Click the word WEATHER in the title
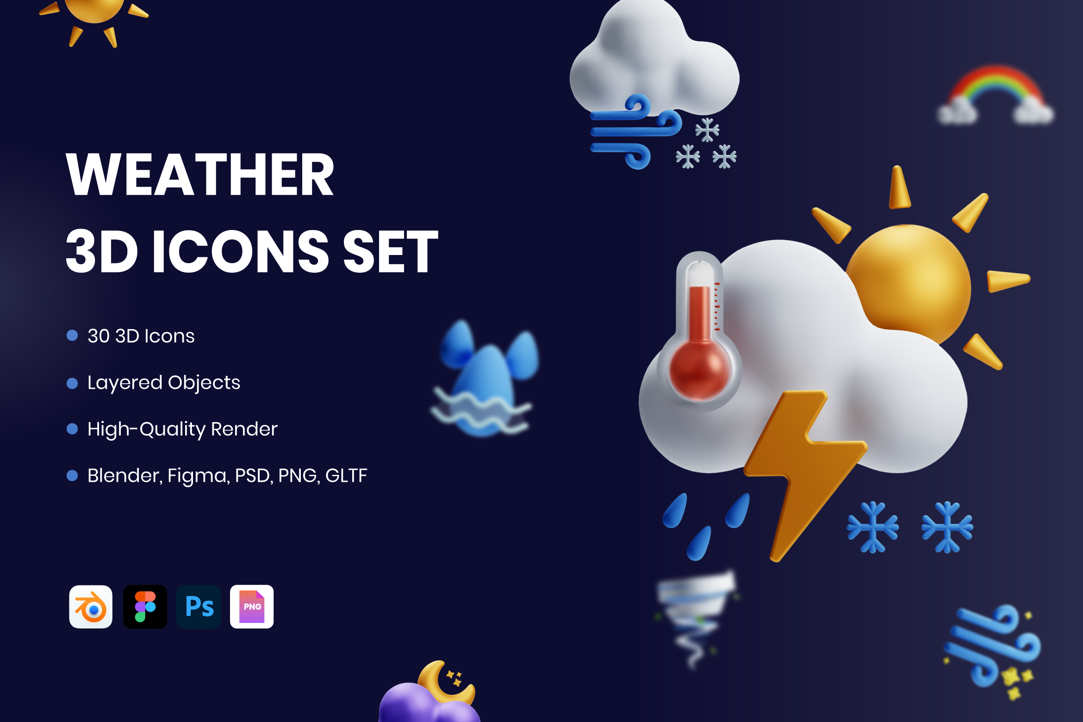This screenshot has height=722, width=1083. point(200,175)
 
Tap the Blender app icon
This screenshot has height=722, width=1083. point(91,607)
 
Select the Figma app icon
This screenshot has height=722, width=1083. point(145,607)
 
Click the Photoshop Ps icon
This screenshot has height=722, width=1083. point(199,607)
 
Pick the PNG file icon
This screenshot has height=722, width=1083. point(252,607)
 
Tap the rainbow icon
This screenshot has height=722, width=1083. point(996,95)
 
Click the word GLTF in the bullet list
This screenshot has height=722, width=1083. point(346,475)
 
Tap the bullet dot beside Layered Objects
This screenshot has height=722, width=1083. point(72,383)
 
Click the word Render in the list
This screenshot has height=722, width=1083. point(244,429)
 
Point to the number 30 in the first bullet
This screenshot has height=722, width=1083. point(99,336)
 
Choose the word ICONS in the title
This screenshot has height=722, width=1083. point(241,252)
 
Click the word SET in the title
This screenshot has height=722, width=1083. point(391,252)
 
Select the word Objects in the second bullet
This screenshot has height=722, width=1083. point(204,383)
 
